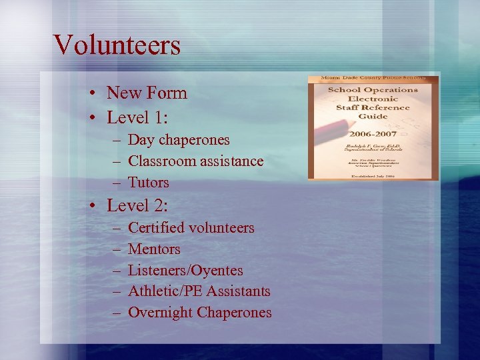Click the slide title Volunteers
point(117,45)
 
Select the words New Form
point(147,93)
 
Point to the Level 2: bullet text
point(138,205)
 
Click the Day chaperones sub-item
point(179,140)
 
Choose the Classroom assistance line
point(195,161)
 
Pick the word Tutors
point(148,183)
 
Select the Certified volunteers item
point(191,228)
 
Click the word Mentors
point(154,249)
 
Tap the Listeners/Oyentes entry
point(185,271)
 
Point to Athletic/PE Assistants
point(199,291)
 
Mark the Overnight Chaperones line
point(199,313)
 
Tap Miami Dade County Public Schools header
point(373,79)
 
